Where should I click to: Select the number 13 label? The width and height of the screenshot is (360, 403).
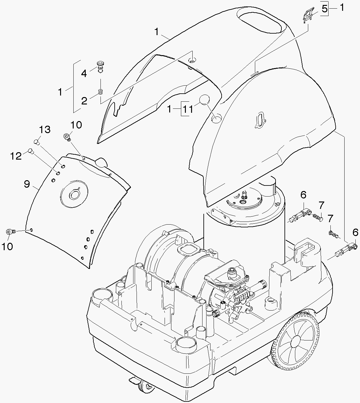(45, 129)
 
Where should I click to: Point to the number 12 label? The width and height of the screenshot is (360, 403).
(15, 156)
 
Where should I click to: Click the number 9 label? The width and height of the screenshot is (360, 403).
(27, 184)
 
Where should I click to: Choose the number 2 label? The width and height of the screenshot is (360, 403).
(84, 101)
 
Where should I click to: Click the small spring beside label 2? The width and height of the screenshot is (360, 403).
(100, 92)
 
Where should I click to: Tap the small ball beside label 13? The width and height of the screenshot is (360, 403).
(37, 142)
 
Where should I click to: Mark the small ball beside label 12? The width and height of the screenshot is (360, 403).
(31, 151)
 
